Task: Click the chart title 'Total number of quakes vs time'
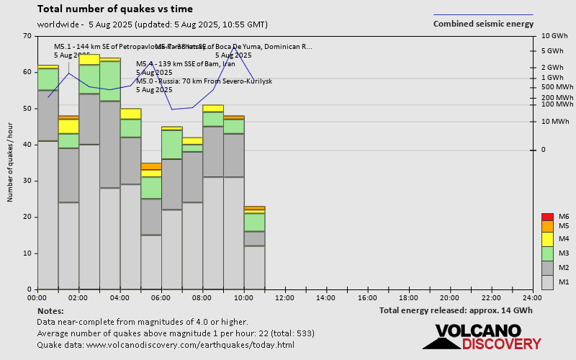pos(114,9)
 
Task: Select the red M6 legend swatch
pos(547,217)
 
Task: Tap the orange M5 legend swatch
pos(547,226)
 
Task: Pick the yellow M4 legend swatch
pos(547,239)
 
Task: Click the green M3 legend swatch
pos(547,253)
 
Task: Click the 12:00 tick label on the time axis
pos(285,297)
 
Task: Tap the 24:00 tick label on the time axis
pos(533,297)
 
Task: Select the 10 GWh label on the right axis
pos(555,36)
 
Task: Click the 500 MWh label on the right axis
pos(557,87)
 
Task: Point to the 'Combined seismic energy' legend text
pos(483,24)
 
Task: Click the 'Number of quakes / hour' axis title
pos(11,163)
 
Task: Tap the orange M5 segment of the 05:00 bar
pos(151,166)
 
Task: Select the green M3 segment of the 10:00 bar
pos(254,222)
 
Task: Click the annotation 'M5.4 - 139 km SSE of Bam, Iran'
pos(186,64)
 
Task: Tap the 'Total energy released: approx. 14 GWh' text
pos(456,310)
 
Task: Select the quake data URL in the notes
pos(166,345)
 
